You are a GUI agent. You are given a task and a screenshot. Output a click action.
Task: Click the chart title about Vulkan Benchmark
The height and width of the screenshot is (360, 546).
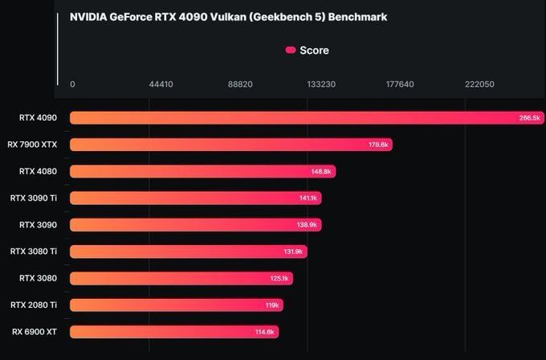(x=228, y=16)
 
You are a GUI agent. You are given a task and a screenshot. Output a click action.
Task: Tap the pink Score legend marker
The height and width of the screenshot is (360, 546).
(x=291, y=50)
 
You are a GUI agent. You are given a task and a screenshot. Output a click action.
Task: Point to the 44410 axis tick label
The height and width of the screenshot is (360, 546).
(x=161, y=84)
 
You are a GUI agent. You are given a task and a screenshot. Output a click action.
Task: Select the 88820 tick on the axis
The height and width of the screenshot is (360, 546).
(x=240, y=84)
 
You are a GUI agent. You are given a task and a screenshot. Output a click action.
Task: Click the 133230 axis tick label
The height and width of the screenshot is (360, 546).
(x=320, y=84)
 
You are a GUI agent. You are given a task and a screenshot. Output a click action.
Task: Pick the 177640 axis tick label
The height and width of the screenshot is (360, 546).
(x=400, y=84)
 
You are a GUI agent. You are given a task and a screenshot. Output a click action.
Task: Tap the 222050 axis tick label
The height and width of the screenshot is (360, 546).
(x=479, y=84)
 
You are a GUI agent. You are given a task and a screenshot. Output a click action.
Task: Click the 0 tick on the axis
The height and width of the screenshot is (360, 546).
(x=72, y=84)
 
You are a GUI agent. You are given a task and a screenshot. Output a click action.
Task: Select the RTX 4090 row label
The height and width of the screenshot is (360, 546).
(x=38, y=118)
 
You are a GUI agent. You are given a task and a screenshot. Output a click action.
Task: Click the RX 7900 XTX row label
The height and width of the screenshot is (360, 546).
(x=32, y=145)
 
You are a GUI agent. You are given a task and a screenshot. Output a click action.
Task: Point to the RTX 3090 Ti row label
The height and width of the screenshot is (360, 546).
(x=34, y=198)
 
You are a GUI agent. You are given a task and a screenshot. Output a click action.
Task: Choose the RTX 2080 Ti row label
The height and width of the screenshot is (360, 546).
(x=34, y=305)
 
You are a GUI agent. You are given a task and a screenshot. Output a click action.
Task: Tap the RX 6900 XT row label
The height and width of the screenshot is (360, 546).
(x=35, y=331)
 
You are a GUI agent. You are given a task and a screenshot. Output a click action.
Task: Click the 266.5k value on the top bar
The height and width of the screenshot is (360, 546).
(x=530, y=118)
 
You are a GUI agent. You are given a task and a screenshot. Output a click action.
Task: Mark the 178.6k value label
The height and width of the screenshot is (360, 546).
(x=378, y=145)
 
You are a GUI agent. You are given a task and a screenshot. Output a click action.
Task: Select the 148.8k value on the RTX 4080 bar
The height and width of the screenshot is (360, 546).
(x=321, y=171)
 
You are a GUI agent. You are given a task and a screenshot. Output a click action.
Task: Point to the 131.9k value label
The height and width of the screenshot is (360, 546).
(x=294, y=252)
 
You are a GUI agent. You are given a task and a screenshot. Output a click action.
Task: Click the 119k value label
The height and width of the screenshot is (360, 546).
(x=272, y=305)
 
